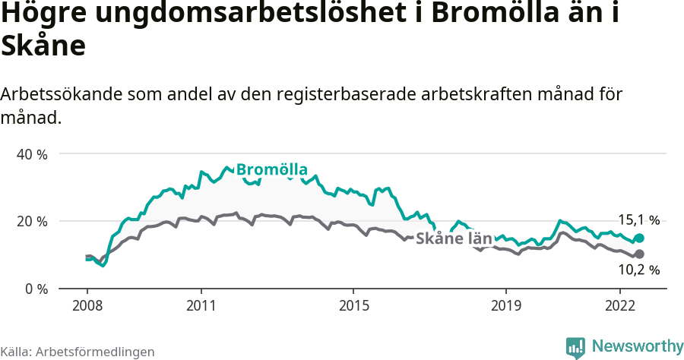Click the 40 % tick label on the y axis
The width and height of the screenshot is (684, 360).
point(32,153)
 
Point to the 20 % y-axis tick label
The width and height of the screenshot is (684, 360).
point(32,221)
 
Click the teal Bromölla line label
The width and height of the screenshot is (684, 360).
point(271,169)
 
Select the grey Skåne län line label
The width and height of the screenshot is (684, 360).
point(454,237)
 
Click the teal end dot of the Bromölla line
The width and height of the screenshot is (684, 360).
point(640,238)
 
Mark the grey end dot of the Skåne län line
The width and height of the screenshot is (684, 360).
point(640,254)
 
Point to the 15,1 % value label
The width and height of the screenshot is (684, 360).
point(638,220)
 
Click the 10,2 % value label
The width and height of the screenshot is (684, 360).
point(638,270)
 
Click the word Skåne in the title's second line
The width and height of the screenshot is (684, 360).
point(43,46)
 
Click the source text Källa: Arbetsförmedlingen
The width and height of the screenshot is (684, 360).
point(78,352)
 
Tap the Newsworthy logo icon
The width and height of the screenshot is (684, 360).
point(575,347)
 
